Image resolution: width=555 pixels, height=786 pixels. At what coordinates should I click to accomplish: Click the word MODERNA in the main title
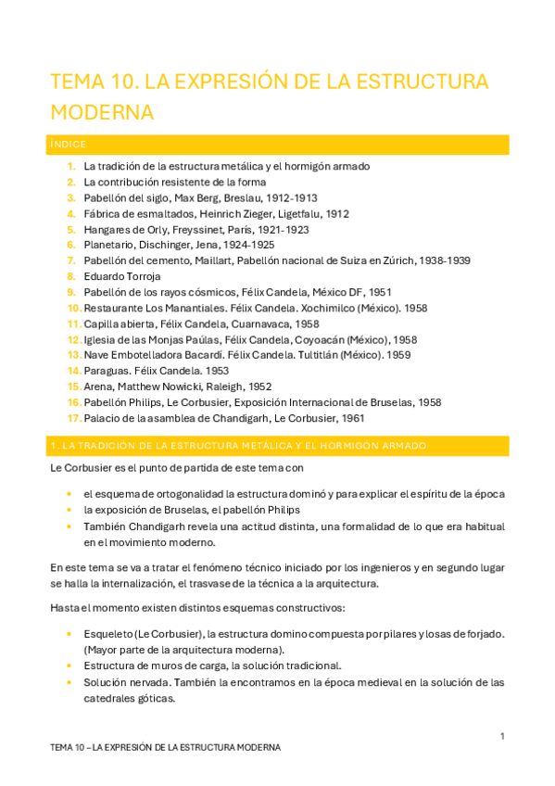101,112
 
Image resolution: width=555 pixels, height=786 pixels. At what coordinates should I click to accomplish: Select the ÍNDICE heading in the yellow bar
69,145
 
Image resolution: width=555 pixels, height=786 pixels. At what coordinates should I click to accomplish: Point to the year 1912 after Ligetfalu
332,213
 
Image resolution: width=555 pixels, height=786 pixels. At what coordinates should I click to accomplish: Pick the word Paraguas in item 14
105,371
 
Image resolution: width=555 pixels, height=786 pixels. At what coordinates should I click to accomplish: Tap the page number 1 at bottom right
501,736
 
